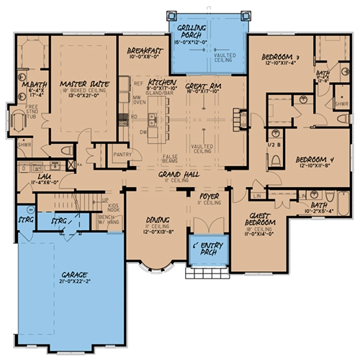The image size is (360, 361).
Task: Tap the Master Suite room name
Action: [84, 84]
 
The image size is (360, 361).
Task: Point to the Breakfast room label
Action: [144, 52]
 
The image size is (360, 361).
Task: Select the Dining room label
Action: [156, 222]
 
